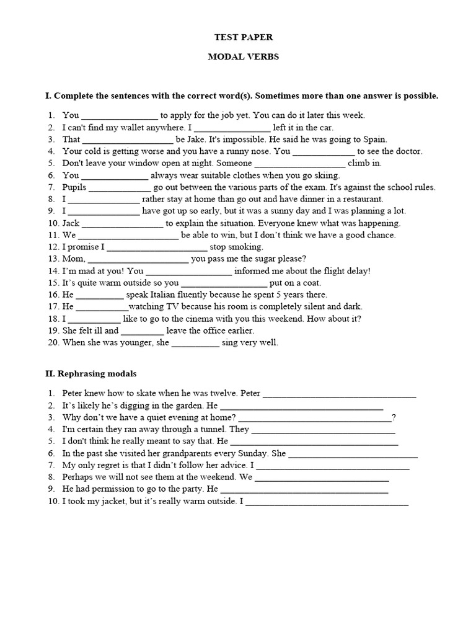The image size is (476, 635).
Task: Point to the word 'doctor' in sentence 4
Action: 408,151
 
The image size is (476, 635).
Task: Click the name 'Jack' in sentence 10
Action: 71,223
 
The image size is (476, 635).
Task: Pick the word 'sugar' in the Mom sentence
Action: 259,259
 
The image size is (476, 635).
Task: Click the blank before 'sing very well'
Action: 195,342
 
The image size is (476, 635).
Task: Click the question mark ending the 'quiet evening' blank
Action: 394,417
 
